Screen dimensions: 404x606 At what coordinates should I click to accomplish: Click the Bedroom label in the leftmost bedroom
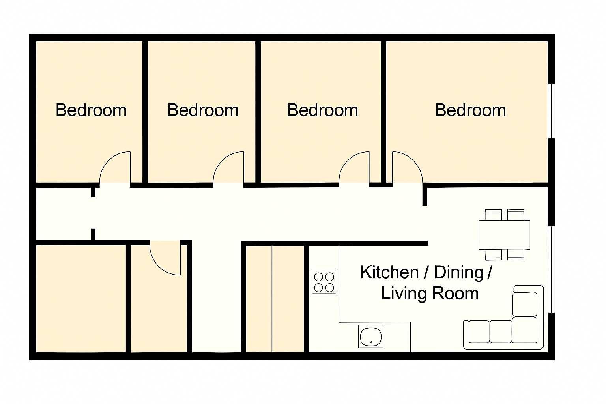click(91, 110)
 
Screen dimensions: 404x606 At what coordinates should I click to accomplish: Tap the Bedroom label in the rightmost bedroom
click(470, 110)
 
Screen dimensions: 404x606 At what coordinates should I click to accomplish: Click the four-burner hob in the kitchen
click(324, 282)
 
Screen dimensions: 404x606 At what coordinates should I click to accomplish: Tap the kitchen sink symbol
click(371, 337)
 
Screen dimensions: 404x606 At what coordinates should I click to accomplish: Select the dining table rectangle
click(504, 235)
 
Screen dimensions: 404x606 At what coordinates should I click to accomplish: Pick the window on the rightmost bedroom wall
click(552, 111)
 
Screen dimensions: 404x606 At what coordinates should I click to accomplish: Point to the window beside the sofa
click(552, 269)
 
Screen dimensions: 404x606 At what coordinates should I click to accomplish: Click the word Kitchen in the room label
click(389, 273)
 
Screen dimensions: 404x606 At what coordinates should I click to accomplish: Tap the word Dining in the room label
click(459, 273)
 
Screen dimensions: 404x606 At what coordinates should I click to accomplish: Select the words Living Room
click(430, 294)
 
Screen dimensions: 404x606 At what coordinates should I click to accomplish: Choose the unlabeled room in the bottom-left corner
click(81, 299)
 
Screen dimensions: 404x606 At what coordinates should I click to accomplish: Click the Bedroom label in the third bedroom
click(322, 110)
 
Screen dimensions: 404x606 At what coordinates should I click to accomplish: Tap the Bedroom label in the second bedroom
click(203, 110)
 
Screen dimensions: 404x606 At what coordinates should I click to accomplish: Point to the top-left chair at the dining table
click(493, 215)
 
